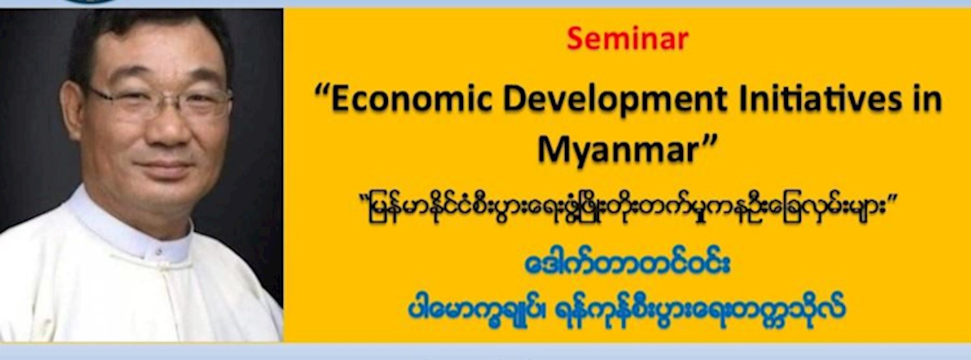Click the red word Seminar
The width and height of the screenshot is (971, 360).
tap(627, 39)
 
